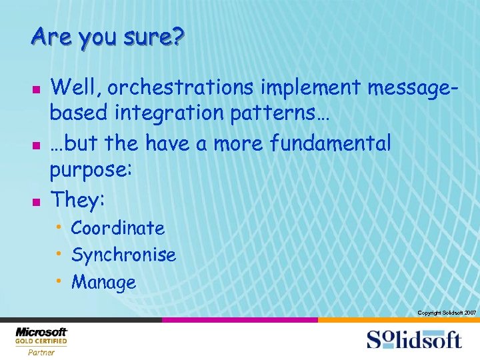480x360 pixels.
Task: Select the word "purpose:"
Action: (92, 171)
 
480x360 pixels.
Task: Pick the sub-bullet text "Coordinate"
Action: (118, 228)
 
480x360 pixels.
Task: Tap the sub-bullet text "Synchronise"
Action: (123, 255)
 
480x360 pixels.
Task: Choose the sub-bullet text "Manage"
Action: (103, 282)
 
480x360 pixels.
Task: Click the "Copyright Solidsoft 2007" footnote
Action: (446, 313)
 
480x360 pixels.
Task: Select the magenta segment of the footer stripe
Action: (240, 320)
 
